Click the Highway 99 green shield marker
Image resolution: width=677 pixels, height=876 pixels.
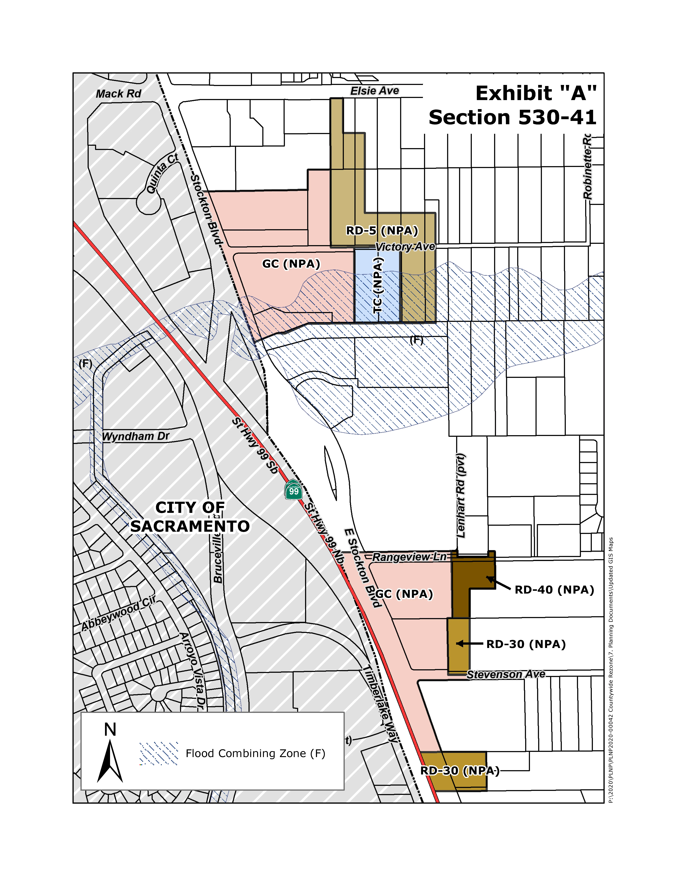tap(294, 490)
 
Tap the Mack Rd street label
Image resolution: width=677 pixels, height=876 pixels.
tap(118, 94)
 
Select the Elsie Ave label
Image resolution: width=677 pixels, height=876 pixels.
tap(375, 91)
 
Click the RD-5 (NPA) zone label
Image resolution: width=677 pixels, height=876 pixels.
tap(382, 231)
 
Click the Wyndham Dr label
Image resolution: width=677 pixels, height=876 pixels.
tap(136, 436)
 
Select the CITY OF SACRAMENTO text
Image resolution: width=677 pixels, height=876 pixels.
tap(190, 517)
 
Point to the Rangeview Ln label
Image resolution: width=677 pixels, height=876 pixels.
tap(409, 557)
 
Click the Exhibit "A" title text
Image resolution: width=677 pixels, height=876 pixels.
tap(536, 93)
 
